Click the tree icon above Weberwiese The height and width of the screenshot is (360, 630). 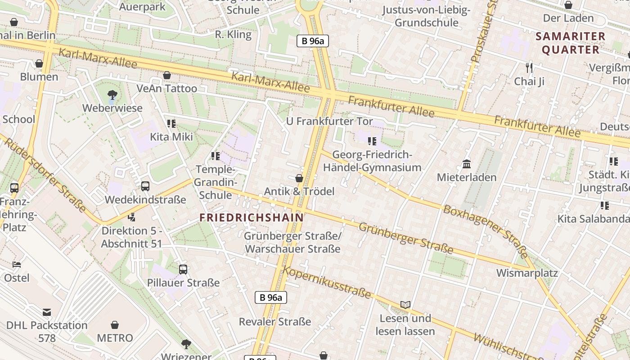click(112, 94)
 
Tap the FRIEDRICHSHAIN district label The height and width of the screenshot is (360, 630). click(252, 217)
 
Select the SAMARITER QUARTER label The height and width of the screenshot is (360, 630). click(571, 43)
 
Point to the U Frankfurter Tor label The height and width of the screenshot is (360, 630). click(329, 121)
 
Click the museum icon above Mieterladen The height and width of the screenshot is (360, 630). click(467, 164)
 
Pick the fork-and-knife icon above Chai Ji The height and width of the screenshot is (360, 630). click(529, 68)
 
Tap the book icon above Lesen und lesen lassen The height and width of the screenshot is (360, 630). click(405, 305)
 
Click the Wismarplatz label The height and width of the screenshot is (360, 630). click(527, 273)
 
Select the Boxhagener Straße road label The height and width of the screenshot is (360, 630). click(485, 229)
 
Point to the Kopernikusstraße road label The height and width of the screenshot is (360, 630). click(327, 282)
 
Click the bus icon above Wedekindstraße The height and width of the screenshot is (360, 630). click(145, 186)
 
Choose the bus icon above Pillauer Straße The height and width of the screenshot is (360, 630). click(183, 269)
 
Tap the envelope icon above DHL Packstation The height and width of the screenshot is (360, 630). click(47, 312)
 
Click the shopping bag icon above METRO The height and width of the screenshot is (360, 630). click(115, 324)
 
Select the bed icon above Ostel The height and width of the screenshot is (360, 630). click(17, 264)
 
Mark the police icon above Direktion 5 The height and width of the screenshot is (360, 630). click(131, 217)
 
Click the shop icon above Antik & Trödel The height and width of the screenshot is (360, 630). click(299, 178)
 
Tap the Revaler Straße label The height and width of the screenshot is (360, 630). click(274, 321)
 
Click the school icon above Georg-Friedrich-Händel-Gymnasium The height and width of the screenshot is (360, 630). click(372, 141)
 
